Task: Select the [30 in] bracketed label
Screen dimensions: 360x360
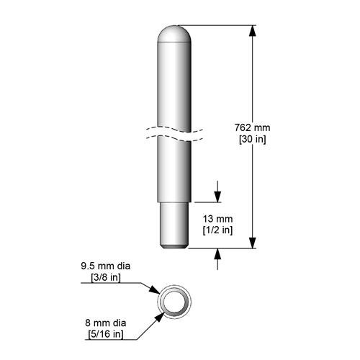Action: coord(252,140)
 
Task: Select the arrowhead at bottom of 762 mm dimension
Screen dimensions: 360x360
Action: coord(252,244)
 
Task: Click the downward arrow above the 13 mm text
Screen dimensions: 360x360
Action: coord(217,196)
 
